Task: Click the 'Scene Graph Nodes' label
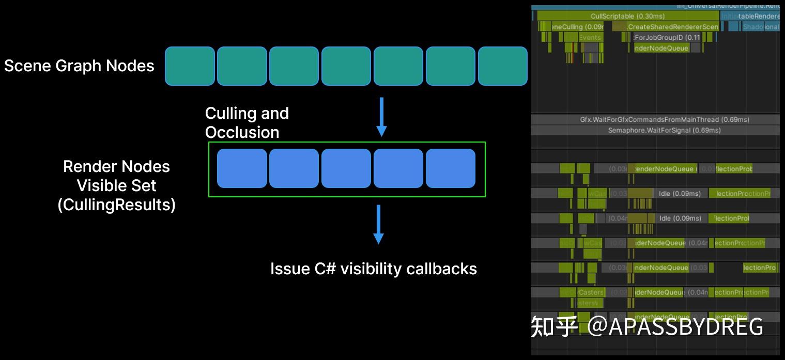click(79, 66)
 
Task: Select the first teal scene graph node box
click(190, 66)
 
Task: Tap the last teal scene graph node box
click(502, 66)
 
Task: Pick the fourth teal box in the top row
click(346, 66)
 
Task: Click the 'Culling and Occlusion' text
click(247, 123)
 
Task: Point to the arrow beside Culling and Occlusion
click(381, 117)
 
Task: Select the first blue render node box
click(242, 168)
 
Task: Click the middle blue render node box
click(346, 168)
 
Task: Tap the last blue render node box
click(450, 168)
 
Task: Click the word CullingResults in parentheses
click(117, 205)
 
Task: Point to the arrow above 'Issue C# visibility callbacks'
click(378, 225)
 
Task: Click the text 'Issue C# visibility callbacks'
click(373, 269)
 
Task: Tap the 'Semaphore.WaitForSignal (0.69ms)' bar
click(664, 130)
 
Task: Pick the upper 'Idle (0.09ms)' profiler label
click(680, 194)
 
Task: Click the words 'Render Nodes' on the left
click(116, 166)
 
